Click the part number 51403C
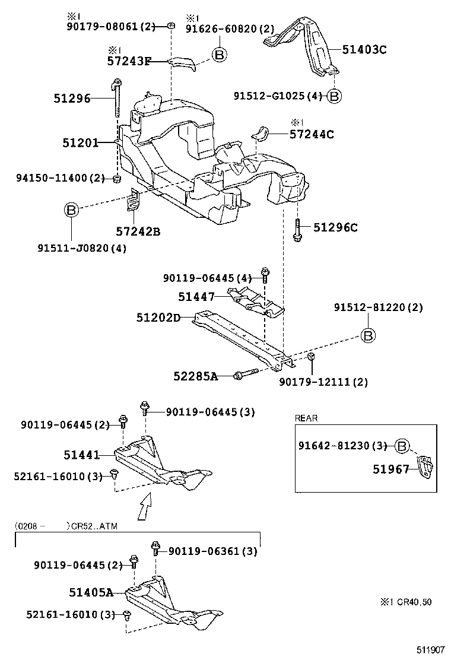coord(364,50)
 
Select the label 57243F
coord(129,61)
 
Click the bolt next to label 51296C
coord(297,229)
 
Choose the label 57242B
coord(138,231)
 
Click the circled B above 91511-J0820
coord(71,210)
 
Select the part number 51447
coord(196,296)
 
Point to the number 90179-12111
coord(323,382)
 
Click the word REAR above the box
coord(306,418)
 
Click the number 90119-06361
coord(212,551)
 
